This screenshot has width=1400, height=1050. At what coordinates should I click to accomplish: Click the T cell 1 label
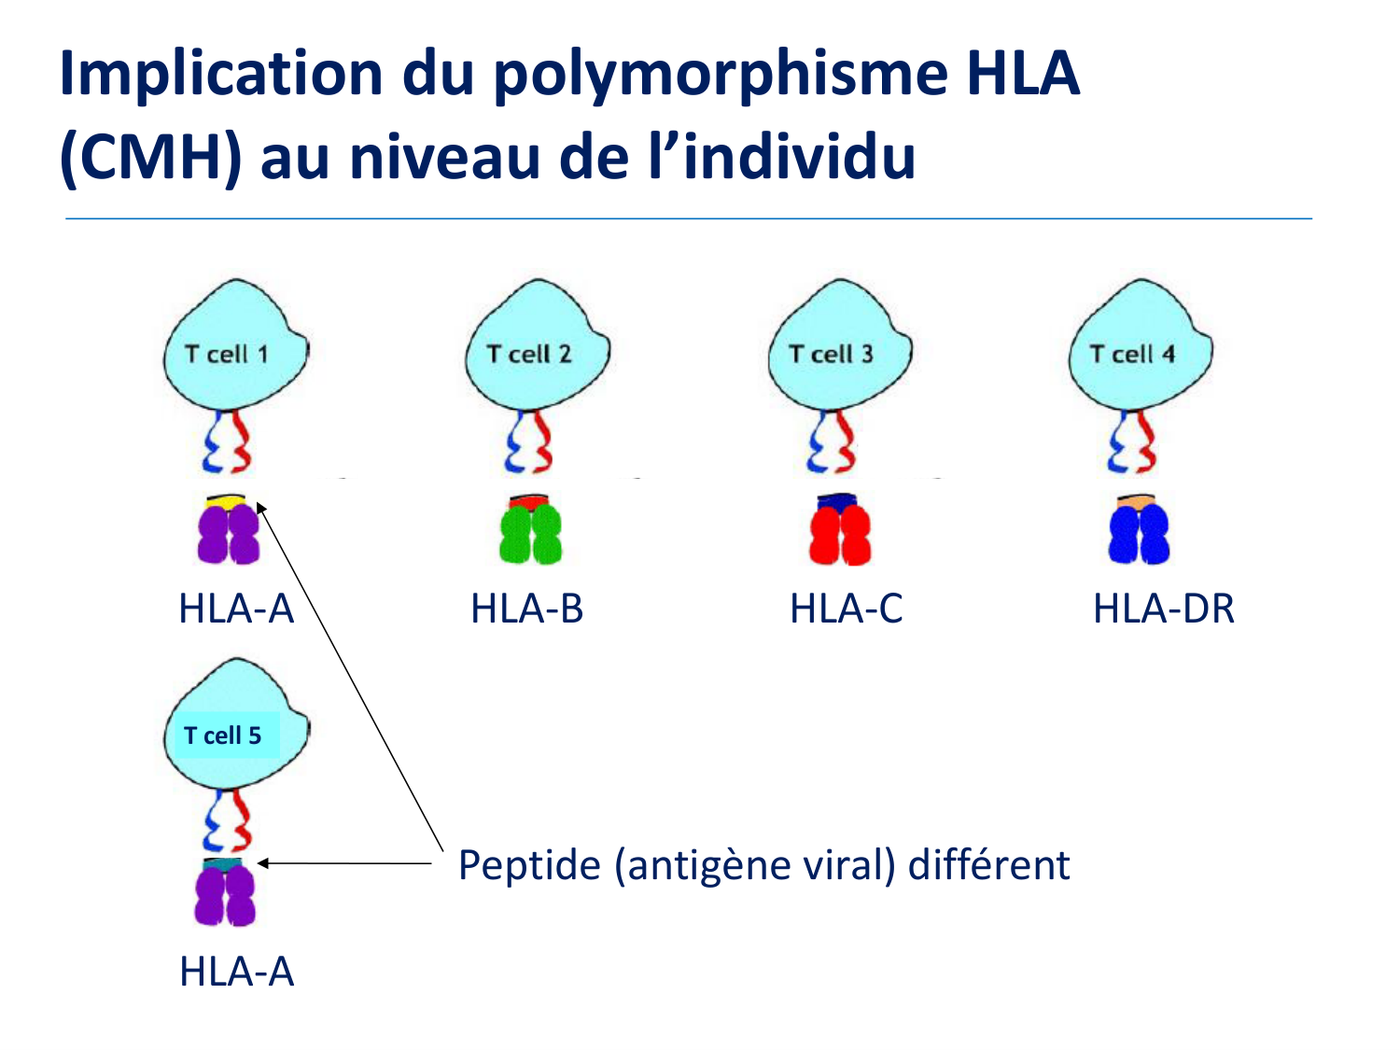coord(227,354)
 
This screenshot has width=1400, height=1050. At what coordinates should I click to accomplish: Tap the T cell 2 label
coord(529,354)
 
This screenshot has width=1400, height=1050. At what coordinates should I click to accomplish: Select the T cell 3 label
coord(831,354)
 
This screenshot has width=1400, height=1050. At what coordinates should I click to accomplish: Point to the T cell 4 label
coord(1133,354)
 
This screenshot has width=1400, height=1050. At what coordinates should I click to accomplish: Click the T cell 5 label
coord(222,735)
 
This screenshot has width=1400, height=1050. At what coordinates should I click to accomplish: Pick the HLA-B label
coord(526,609)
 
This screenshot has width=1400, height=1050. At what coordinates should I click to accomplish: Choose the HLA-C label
coord(847,609)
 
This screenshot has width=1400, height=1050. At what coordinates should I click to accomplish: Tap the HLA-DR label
coord(1164,609)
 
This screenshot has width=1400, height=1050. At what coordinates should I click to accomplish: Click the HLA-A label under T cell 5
coord(237,972)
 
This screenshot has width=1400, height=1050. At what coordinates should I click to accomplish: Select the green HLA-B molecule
coord(531,534)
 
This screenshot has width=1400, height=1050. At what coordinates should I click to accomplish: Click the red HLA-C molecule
coord(840,534)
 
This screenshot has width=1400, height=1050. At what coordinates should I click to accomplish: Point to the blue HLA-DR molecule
coord(1140,534)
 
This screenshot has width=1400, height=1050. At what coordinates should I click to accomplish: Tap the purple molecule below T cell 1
coord(229,534)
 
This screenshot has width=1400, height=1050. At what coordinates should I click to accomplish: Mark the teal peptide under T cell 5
coord(222,864)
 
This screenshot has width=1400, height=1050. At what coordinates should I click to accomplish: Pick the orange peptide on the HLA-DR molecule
coord(1136,501)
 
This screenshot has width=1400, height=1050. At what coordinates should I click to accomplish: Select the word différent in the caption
coord(988,865)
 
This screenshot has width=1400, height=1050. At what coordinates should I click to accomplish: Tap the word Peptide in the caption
coord(530,866)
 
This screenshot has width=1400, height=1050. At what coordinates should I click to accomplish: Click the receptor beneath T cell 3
coord(831,441)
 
